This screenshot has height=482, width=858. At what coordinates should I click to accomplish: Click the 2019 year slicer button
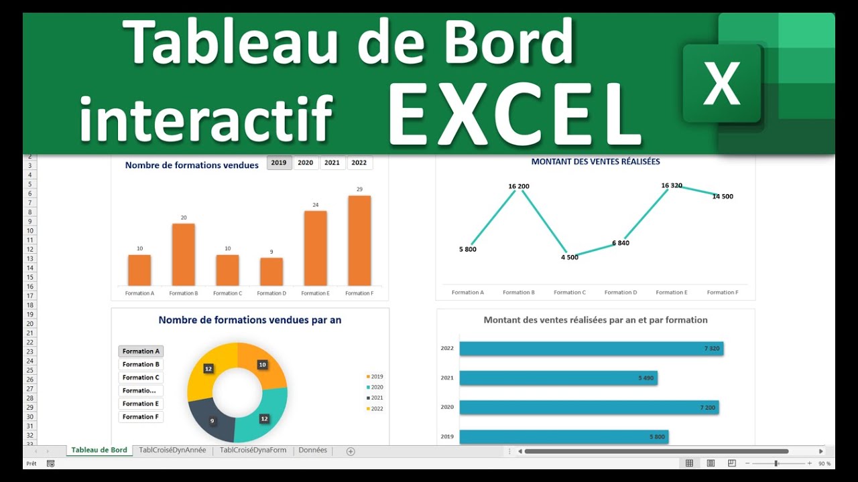point(279,163)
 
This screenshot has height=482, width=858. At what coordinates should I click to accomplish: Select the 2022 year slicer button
point(359,163)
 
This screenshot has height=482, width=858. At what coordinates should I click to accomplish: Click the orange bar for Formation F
point(359,240)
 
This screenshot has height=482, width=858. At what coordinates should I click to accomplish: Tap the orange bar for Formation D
point(271,271)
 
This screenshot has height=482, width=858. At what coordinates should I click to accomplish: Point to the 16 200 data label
point(519,186)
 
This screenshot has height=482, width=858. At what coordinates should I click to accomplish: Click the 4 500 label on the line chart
point(569,257)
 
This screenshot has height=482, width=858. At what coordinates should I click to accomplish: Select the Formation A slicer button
point(141,351)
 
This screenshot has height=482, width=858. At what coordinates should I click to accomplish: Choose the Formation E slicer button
point(141,404)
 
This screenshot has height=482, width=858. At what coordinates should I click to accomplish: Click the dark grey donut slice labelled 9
point(210,419)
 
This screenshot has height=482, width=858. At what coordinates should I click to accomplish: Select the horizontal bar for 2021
point(558,378)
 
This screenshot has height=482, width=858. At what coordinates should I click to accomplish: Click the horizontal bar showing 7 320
point(590,349)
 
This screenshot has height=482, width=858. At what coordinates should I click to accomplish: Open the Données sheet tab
point(312,451)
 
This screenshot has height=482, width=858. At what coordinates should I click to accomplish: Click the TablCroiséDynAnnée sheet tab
point(172,451)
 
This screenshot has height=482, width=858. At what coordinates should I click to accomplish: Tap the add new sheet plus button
point(351,451)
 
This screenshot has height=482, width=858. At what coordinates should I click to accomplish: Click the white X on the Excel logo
point(721,84)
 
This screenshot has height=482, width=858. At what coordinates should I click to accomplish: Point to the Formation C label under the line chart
point(569,293)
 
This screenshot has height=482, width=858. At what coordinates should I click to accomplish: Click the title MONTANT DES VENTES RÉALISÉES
point(595,161)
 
